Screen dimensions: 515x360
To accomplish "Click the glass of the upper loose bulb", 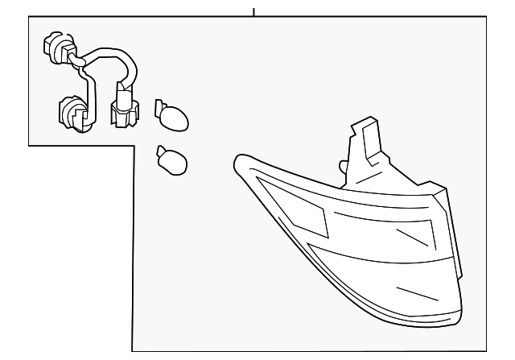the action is (176, 120).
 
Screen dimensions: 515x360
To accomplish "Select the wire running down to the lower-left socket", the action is (84, 85).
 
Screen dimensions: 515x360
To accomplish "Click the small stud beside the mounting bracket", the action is (343, 167).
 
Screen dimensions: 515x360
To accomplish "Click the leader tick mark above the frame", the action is (253, 11).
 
